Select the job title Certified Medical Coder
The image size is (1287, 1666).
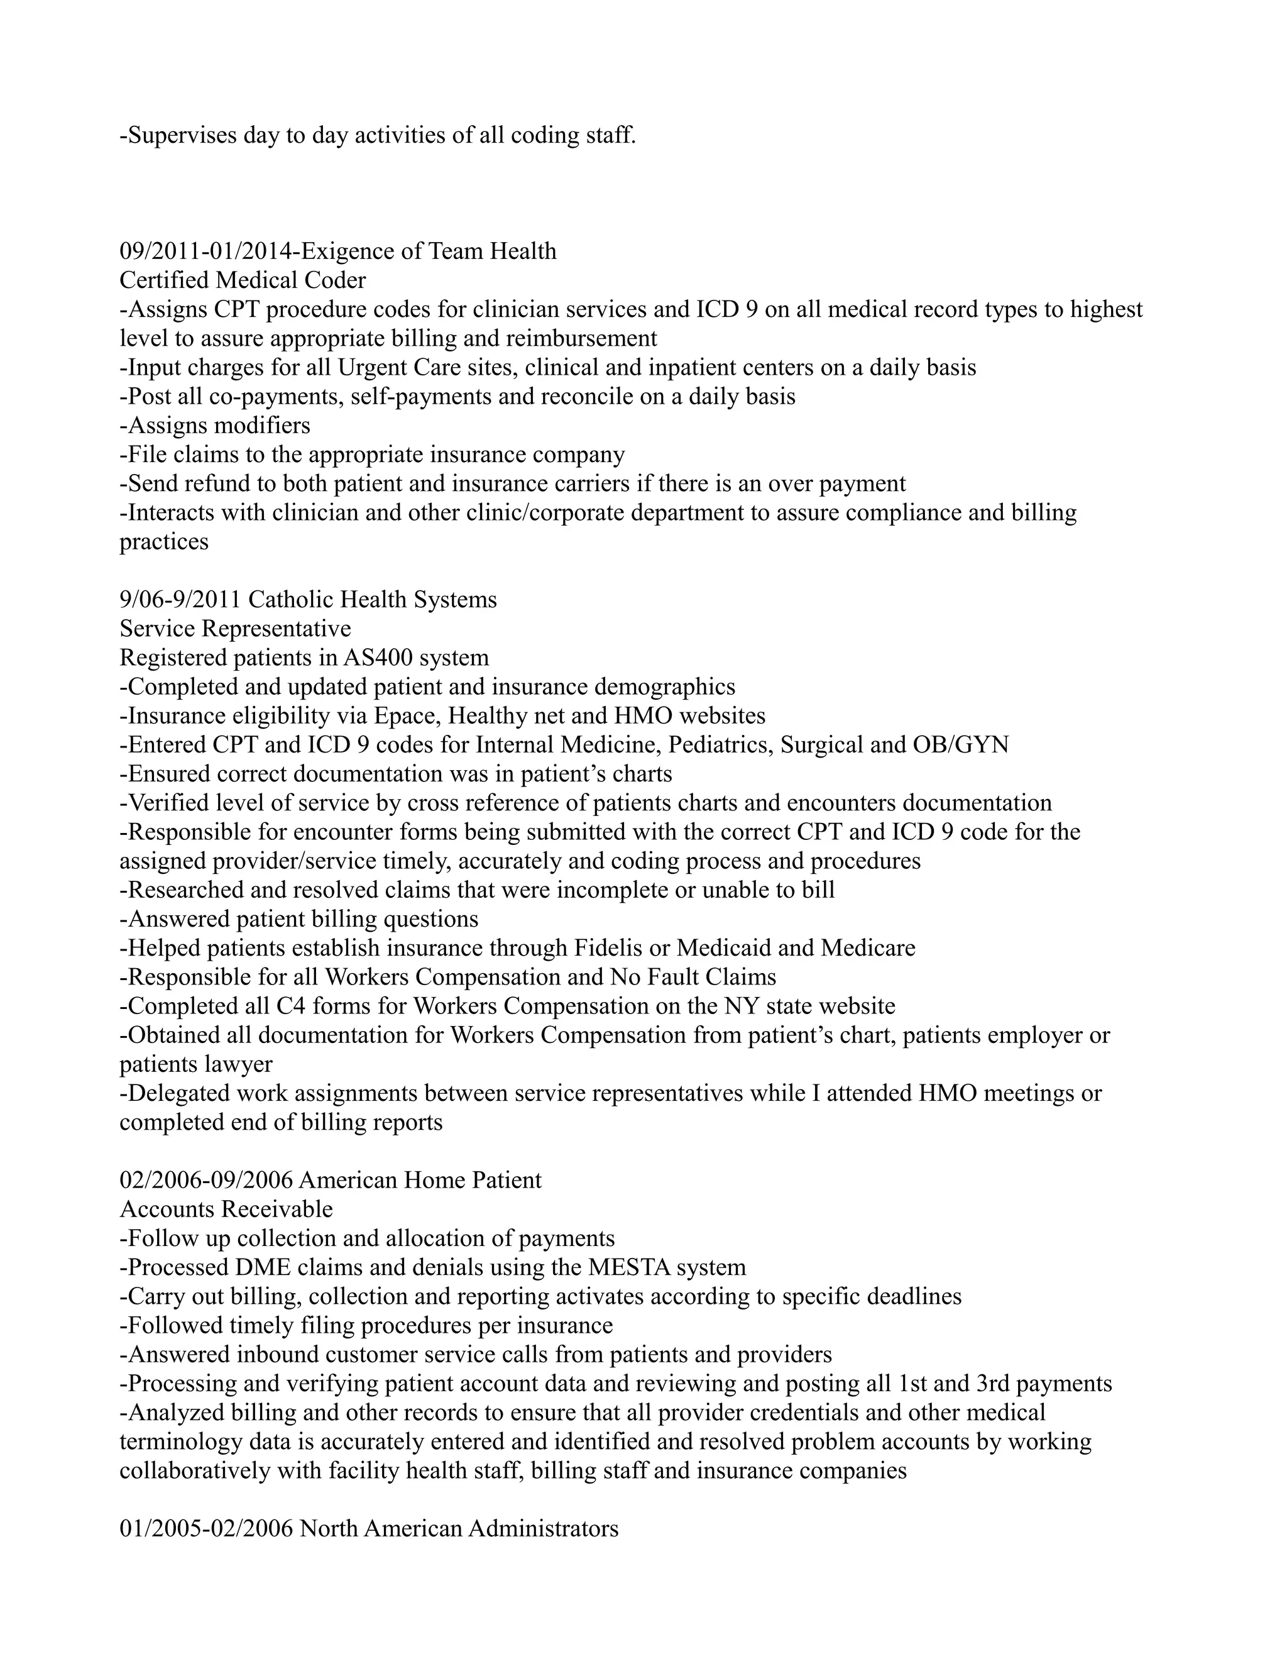click(243, 281)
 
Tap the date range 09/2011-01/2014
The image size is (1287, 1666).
click(203, 251)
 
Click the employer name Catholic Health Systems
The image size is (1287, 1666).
click(372, 600)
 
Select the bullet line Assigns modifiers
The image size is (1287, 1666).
click(215, 426)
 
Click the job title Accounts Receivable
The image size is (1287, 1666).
click(226, 1209)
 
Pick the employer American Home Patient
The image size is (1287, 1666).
click(420, 1180)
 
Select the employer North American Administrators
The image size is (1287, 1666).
click(458, 1529)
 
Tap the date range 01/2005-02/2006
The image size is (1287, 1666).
click(206, 1529)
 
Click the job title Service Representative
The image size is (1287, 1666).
click(235, 629)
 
